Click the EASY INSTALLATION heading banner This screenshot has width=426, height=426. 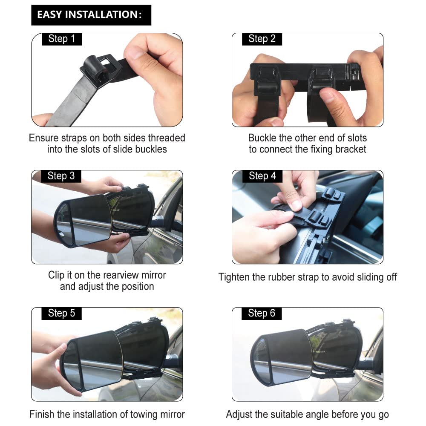[91, 15]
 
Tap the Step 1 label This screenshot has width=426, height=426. [62, 39]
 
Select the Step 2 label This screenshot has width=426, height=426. [262, 39]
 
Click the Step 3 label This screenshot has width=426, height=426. [61, 176]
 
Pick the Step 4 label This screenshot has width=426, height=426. [262, 176]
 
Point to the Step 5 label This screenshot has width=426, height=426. [61, 313]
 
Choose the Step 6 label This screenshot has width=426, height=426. [262, 313]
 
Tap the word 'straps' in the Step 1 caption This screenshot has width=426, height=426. [74, 138]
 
